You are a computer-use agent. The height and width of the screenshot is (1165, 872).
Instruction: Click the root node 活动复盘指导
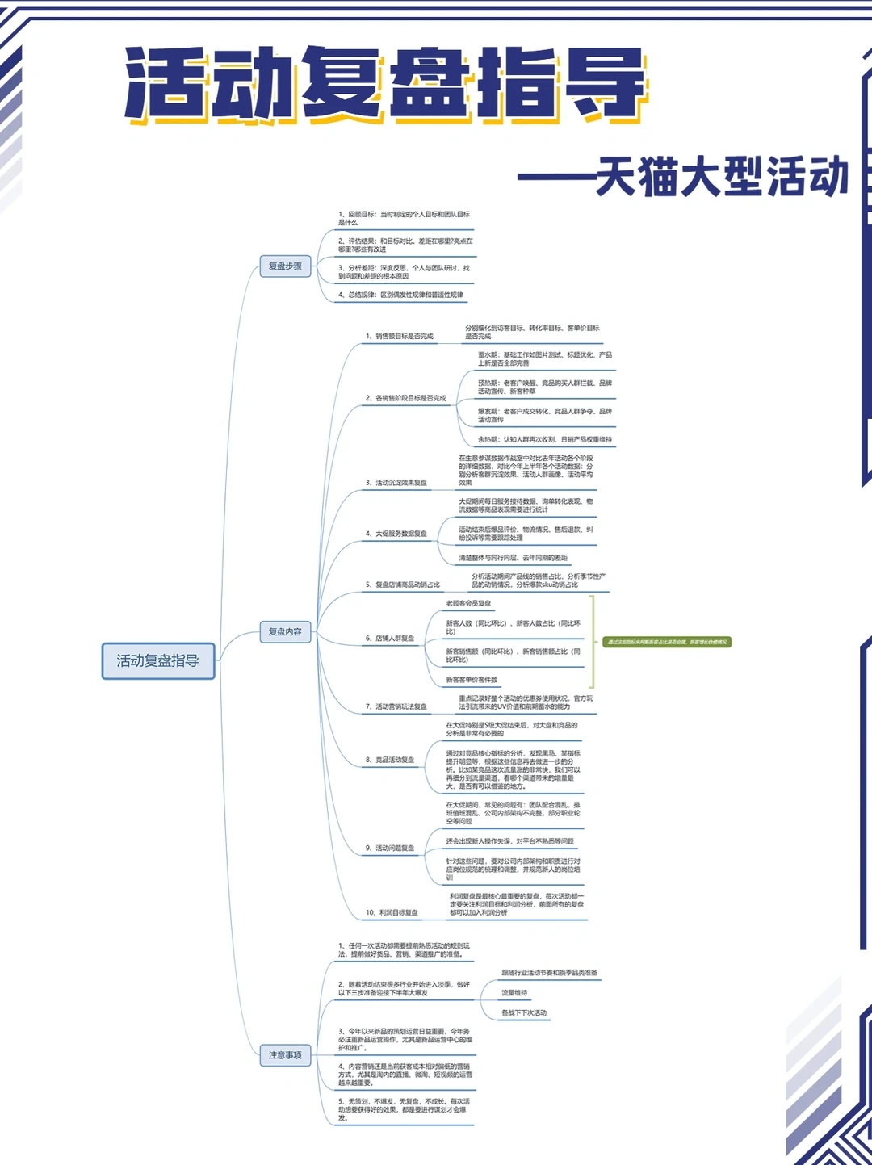(x=158, y=661)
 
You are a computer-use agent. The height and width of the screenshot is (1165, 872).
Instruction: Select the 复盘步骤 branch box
(x=285, y=266)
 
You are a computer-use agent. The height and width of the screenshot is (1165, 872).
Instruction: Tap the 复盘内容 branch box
(x=285, y=631)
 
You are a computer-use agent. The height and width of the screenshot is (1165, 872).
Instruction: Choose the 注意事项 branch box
(x=285, y=1055)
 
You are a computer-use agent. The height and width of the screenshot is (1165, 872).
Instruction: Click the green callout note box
(x=667, y=643)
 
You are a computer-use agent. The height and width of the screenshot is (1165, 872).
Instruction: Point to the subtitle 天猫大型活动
(x=722, y=177)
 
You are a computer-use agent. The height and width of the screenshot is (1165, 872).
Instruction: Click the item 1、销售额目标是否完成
(x=400, y=337)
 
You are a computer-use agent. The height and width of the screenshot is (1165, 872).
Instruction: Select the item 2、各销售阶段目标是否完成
(x=405, y=398)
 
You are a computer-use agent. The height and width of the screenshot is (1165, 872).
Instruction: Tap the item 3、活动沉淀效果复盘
(x=396, y=483)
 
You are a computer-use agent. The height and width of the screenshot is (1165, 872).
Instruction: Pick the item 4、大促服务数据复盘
(x=396, y=534)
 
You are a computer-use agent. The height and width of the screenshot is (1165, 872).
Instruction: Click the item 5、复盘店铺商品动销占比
(x=403, y=585)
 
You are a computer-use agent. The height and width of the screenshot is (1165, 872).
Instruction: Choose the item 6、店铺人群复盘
(x=390, y=639)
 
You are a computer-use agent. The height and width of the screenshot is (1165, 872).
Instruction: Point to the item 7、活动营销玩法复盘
(x=396, y=706)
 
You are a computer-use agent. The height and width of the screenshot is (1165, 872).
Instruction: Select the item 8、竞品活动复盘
(x=390, y=760)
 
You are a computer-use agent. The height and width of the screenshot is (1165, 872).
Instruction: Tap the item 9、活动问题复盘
(x=390, y=848)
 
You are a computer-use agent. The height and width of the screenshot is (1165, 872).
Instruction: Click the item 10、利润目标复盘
(x=392, y=912)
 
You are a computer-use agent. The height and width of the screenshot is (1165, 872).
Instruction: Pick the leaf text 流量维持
(x=514, y=993)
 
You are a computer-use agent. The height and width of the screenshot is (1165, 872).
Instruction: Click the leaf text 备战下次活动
(x=524, y=1012)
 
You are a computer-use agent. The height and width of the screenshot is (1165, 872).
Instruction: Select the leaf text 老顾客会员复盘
(x=468, y=603)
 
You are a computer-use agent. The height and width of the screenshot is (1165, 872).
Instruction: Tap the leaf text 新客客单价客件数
(x=472, y=680)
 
